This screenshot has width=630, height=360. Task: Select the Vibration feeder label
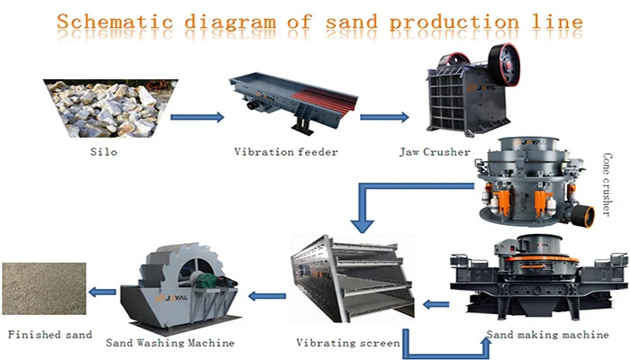point(285,152)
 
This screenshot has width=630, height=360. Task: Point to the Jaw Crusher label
point(436,152)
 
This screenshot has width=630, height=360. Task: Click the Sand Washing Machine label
point(170,343)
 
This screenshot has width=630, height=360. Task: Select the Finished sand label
point(50,335)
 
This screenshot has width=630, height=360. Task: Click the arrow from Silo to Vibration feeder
point(197,116)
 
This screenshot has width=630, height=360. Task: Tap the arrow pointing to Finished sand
point(104,291)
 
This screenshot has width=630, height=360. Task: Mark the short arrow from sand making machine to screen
point(436,304)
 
